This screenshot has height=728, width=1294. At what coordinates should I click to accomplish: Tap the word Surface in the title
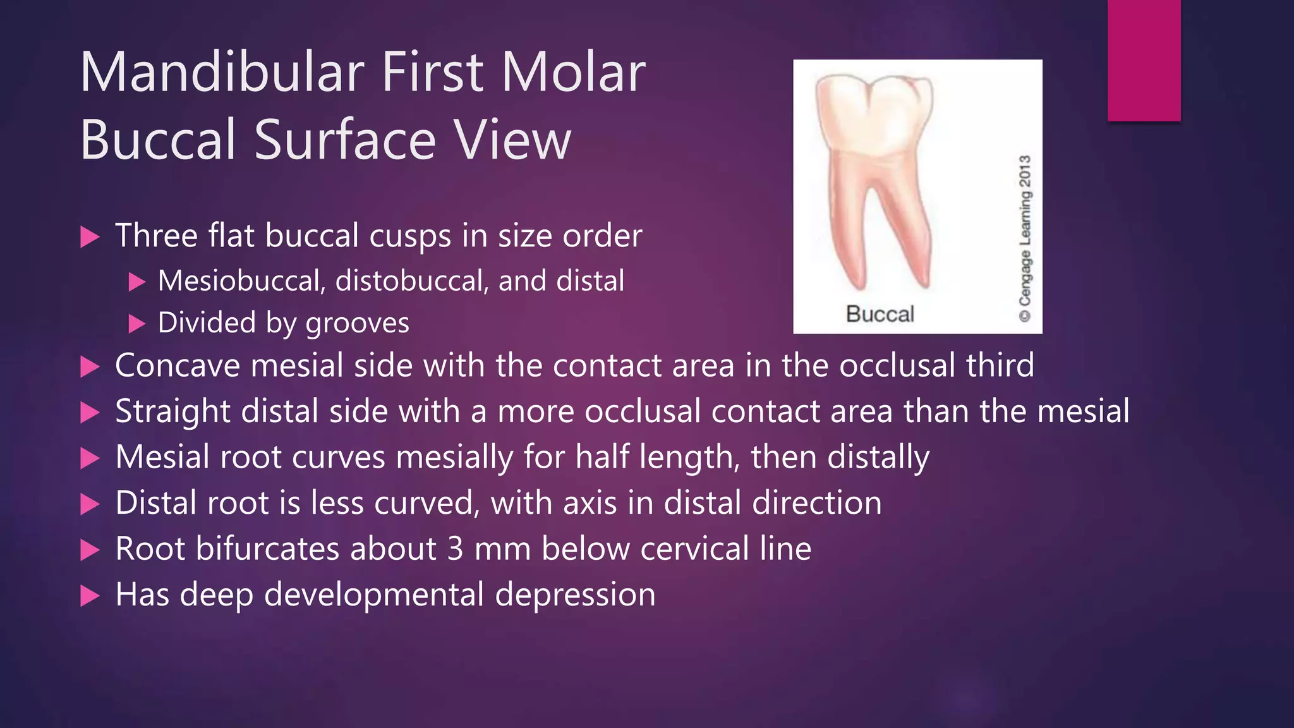(x=345, y=140)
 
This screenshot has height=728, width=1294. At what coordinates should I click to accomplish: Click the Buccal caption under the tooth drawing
(x=880, y=314)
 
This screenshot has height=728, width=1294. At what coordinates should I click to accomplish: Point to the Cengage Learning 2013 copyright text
(x=1024, y=239)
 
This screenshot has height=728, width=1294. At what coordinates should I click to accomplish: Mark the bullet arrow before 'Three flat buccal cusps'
(x=90, y=238)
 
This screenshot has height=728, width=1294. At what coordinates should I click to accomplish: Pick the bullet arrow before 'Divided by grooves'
(x=136, y=324)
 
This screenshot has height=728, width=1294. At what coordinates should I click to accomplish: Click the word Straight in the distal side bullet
(x=172, y=411)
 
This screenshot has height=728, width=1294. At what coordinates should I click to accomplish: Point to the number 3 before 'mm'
(x=456, y=549)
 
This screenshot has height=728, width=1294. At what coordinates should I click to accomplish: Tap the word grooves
(x=357, y=324)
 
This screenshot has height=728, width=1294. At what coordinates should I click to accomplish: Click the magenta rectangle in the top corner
(x=1144, y=60)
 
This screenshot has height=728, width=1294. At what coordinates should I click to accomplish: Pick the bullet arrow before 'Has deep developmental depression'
(x=90, y=596)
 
